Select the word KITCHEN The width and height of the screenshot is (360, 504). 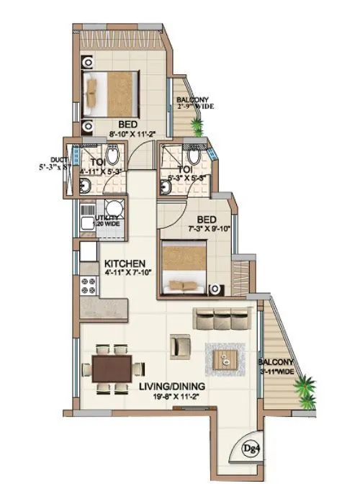(x=125, y=263)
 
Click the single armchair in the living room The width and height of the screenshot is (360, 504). (x=180, y=346)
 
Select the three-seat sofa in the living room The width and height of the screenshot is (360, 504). (x=223, y=318)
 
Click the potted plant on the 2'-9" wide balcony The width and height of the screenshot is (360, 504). (x=197, y=127)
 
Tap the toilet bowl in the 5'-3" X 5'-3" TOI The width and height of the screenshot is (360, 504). (x=193, y=155)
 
